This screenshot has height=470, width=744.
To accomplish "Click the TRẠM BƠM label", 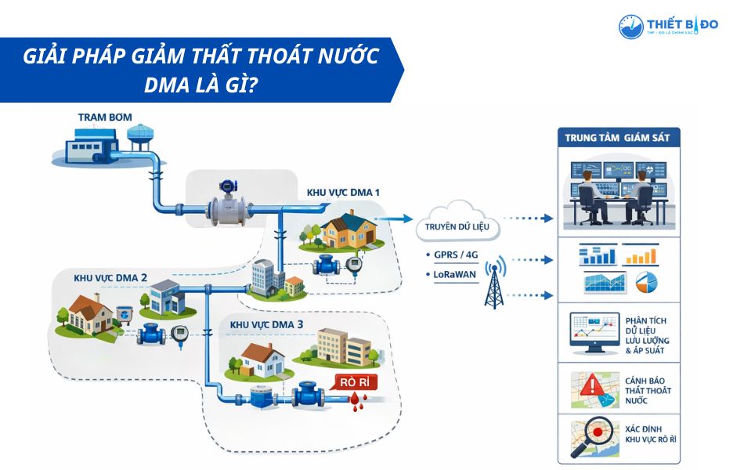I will [x=105, y=117].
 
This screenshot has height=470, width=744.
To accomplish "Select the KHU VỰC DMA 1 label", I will [x=343, y=192].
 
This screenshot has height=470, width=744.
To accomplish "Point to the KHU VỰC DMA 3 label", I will [x=267, y=324].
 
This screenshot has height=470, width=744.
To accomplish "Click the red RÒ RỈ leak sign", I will [x=355, y=383].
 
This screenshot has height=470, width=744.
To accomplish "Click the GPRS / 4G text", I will [x=455, y=255].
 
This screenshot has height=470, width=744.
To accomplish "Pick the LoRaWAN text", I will [x=455, y=275].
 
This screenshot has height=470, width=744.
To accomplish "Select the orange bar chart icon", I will [x=640, y=255].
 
